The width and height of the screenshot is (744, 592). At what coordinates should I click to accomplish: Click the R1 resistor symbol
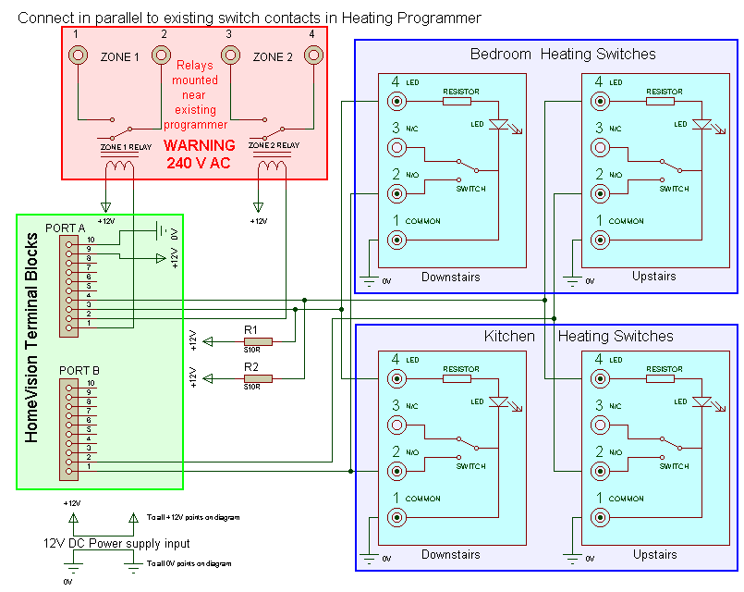pos(251,340)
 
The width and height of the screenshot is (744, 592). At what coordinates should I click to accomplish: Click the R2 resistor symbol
pos(251,377)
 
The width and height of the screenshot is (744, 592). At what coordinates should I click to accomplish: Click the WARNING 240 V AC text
pos(199,154)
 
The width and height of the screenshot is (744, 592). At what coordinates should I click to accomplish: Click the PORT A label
pos(67,228)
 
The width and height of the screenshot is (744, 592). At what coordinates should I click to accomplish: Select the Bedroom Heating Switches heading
pos(563,54)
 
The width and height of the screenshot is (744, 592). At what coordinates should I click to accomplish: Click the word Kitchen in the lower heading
pos(509,336)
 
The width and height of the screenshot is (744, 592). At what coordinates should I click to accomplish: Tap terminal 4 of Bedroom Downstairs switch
pos(397,101)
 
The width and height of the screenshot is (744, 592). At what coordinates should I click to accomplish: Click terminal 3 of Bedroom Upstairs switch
pos(601,147)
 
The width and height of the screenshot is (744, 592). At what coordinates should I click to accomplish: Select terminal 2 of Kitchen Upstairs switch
pos(601,471)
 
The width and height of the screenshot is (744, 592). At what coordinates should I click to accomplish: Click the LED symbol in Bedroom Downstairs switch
pos(499,124)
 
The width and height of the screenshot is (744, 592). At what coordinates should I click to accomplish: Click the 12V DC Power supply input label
pos(117,543)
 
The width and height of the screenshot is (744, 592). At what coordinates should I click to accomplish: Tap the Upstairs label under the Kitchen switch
pos(654,555)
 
